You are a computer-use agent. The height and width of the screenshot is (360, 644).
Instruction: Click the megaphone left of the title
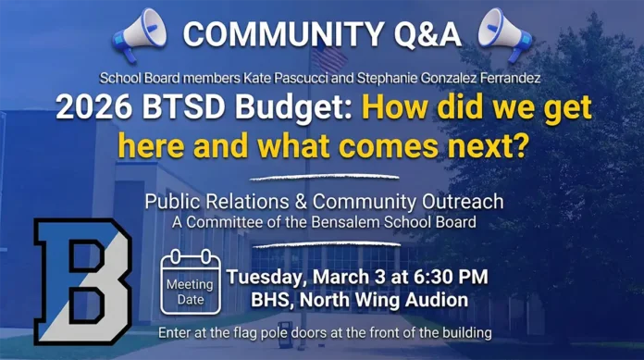pos(138,34)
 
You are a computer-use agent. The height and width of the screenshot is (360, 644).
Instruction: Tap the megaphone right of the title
pos(505,34)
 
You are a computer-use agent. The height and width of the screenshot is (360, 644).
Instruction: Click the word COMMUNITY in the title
pos(279,34)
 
